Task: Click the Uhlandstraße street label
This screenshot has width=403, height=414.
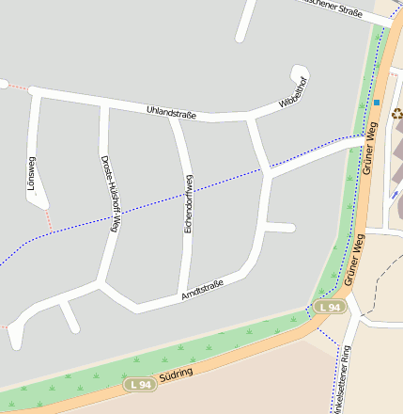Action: (171, 113)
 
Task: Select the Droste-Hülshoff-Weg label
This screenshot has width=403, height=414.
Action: (110, 193)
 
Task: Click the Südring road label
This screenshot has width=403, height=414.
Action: (176, 374)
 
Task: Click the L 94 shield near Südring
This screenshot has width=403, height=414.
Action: (139, 384)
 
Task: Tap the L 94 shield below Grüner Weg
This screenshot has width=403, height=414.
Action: (329, 308)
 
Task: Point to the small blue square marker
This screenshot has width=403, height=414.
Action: (376, 102)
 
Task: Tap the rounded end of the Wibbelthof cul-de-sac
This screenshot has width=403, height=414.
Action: (300, 72)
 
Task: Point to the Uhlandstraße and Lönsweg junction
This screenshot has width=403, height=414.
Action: (36, 93)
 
